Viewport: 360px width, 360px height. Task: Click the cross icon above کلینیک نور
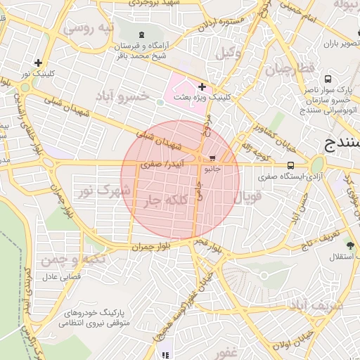39,63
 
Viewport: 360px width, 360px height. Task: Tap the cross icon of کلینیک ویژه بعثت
202,87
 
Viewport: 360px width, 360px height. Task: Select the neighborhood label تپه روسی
88,29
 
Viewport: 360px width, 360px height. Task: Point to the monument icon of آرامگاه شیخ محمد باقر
143,34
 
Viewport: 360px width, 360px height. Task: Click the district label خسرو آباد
124,95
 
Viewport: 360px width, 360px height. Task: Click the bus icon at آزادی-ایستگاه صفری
290,166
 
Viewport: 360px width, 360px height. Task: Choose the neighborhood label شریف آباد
316,306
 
